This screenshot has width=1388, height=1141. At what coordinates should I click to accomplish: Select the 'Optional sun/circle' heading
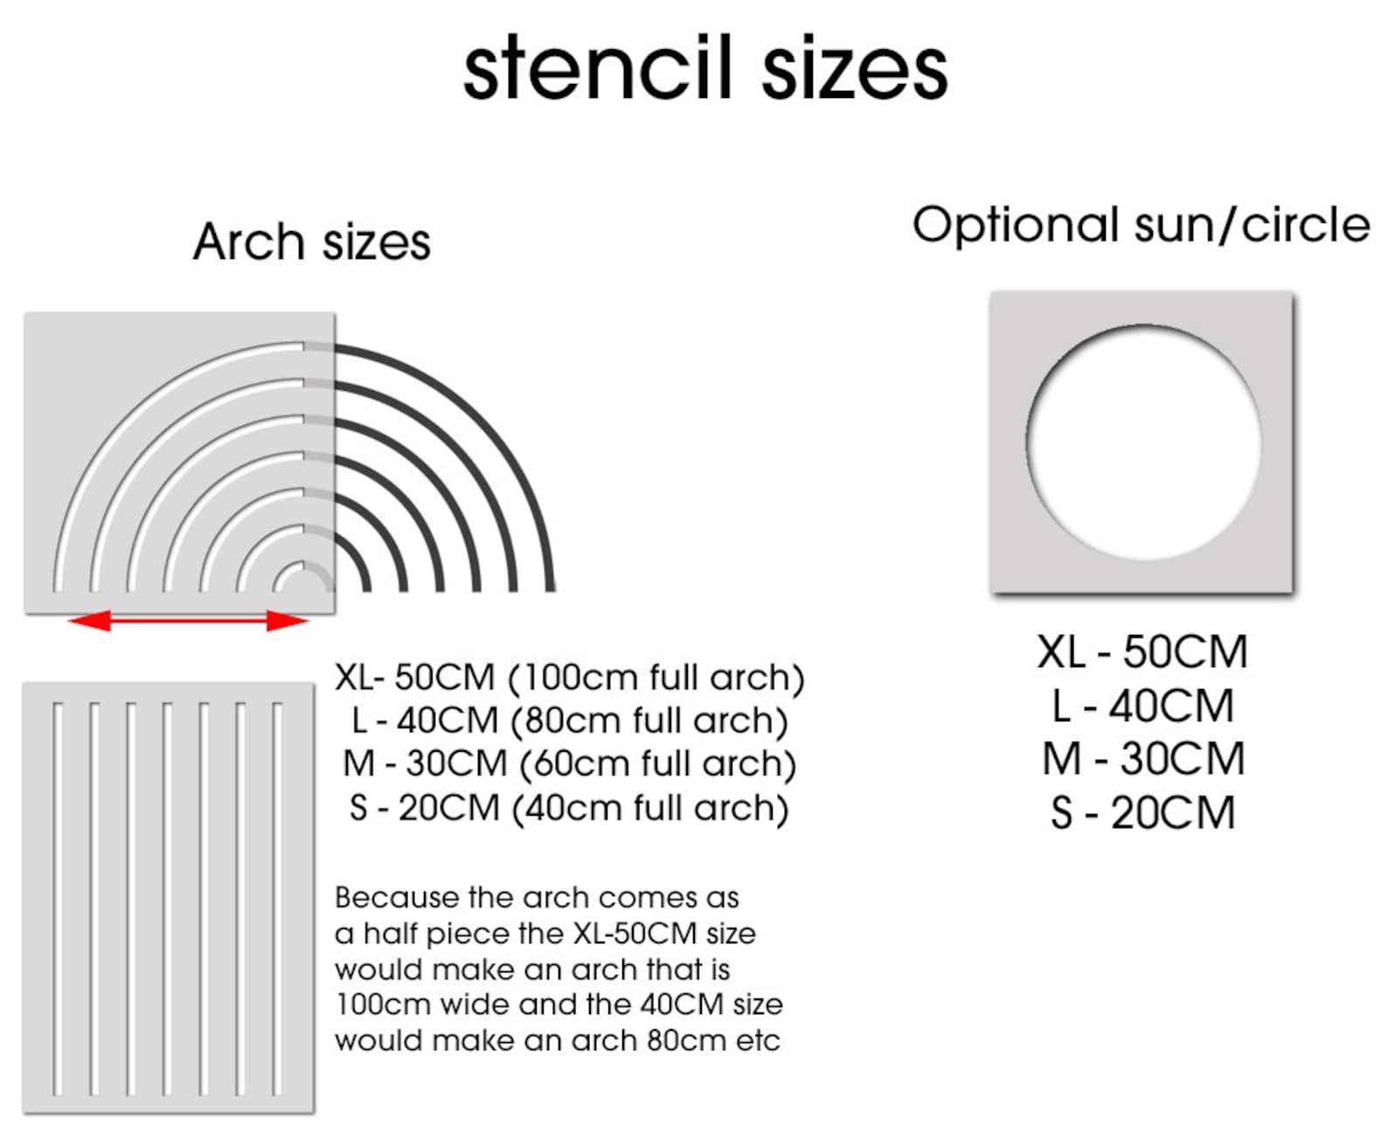pyautogui.click(x=1141, y=225)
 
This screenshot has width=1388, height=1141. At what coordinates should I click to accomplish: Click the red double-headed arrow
pyautogui.click(x=188, y=621)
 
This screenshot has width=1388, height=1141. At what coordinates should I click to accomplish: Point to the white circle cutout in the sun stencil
pyautogui.click(x=1143, y=442)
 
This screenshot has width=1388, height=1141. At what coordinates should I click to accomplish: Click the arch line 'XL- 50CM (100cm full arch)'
pyautogui.click(x=569, y=678)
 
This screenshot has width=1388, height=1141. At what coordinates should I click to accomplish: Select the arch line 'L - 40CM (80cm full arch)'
pyautogui.click(x=569, y=720)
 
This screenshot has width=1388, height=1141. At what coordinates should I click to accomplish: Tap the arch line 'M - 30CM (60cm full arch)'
pyautogui.click(x=569, y=763)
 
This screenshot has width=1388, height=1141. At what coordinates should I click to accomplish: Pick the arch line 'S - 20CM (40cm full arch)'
pyautogui.click(x=569, y=808)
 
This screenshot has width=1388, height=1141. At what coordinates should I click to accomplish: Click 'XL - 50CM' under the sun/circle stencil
pyautogui.click(x=1142, y=652)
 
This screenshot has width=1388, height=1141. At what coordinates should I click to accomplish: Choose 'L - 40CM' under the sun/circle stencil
pyautogui.click(x=1142, y=706)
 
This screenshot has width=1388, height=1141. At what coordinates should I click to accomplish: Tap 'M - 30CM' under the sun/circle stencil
pyautogui.click(x=1142, y=759)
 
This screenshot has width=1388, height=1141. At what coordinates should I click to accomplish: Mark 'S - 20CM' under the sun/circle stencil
pyautogui.click(x=1142, y=813)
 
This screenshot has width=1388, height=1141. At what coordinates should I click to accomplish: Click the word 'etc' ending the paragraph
pyautogui.click(x=760, y=1040)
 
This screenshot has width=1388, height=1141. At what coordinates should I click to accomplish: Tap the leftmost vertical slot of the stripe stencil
pyautogui.click(x=58, y=898)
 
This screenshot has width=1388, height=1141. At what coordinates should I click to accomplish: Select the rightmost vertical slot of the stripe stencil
pyautogui.click(x=277, y=898)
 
